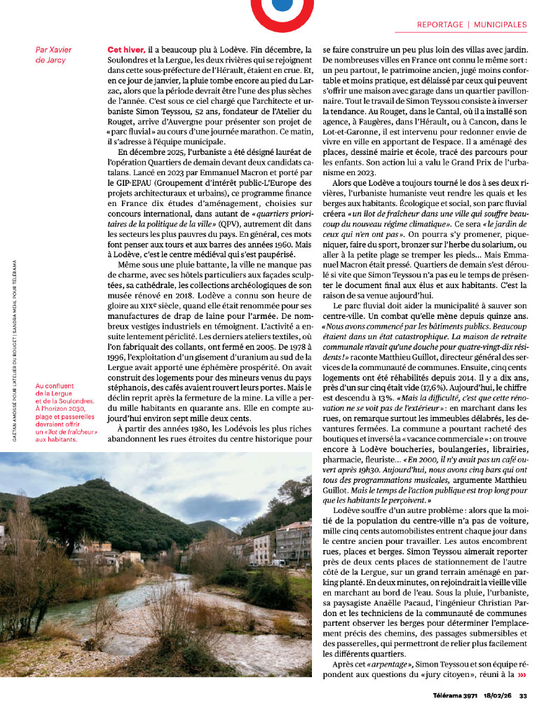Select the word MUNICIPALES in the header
(x=500, y=24)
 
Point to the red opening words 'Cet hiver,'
(x=126, y=50)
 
